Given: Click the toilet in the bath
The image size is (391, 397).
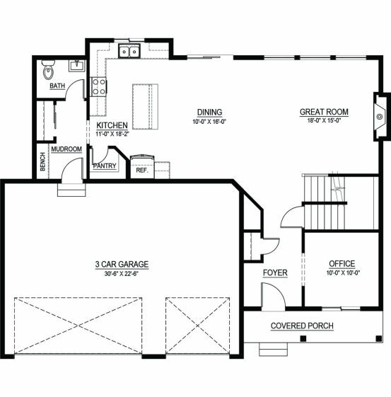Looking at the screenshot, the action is tap(48, 69).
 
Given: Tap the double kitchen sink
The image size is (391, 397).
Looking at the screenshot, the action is tap(129, 51).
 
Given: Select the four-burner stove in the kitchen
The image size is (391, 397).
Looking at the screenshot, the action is tap(99, 87).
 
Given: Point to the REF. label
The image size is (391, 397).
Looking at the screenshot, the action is tap(142, 170).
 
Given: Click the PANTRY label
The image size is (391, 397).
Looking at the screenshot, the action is tap(105, 166).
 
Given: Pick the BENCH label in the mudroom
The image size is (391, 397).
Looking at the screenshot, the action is tap(42, 161).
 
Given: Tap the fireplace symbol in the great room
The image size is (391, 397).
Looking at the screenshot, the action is tap(380, 117).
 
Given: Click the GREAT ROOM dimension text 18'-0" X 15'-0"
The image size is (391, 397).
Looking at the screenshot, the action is tap(325, 120).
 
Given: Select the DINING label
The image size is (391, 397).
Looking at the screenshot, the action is tap(210, 112).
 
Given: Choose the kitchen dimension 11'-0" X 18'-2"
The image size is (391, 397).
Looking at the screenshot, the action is tap(112, 134).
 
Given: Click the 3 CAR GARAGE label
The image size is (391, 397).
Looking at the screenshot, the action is tap(122, 265).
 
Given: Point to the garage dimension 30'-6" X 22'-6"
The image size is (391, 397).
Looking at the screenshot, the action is tap(122, 273).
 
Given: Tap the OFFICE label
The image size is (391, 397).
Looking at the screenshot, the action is tap(342, 264).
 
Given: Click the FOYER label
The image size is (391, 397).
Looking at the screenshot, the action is tap(275, 273).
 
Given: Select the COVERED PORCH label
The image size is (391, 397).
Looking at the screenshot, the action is tap(302, 326).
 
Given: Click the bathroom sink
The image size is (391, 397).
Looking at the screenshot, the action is tap(77, 66).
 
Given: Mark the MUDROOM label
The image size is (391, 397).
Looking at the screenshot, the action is tap(66, 149).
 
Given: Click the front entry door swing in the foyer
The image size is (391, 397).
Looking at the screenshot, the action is tap(274, 297).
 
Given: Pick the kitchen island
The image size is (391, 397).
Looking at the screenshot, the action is tap(145, 107).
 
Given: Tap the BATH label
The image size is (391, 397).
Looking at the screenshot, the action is tap(57, 86).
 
